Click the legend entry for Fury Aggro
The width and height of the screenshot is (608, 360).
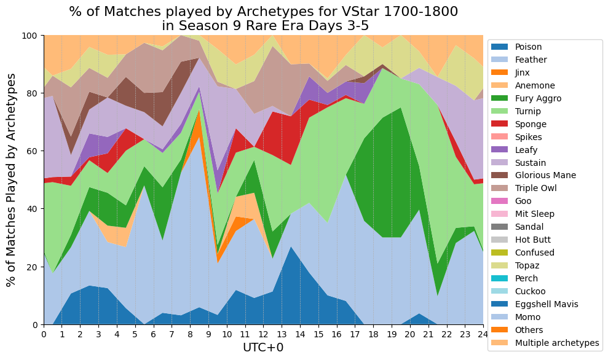click(526, 98)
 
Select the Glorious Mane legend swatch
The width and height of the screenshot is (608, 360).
click(499, 175)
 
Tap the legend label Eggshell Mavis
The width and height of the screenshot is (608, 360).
click(547, 304)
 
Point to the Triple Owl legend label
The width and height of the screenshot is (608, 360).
click(535, 188)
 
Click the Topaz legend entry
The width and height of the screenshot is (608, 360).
click(515, 265)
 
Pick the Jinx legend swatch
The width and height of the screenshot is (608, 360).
click(499, 72)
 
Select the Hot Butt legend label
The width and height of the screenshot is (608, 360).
click(533, 240)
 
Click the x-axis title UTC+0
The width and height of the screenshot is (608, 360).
click(263, 347)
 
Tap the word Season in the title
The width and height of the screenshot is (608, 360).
click(202, 26)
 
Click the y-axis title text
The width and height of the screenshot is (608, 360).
click(12, 180)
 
